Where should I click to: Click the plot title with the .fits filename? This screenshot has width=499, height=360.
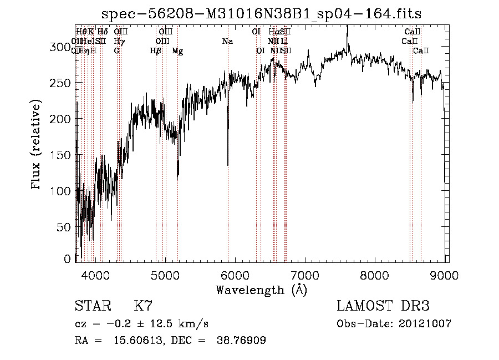(266, 14)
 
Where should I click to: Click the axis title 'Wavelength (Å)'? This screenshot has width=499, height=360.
(261, 290)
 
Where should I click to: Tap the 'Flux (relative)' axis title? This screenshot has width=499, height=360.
(37, 146)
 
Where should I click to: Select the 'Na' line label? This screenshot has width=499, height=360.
(227, 41)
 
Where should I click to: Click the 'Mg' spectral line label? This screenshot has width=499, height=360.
(177, 51)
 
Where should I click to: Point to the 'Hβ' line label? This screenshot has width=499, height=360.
(156, 51)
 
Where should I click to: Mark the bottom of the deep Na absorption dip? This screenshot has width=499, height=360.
(228, 165)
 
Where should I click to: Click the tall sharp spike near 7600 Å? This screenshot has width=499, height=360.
(348, 28)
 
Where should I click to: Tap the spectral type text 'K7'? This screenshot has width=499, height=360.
(143, 306)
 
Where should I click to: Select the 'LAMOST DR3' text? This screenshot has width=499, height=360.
(383, 306)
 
